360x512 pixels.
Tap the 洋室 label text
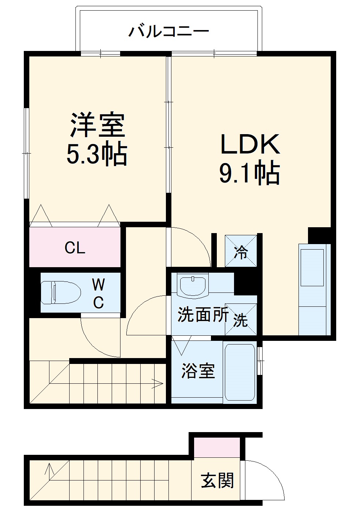point(97,125)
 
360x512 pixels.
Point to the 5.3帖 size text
point(97,154)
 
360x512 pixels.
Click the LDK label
point(250,145)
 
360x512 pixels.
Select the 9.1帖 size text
point(250,173)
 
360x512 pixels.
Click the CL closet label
point(75,248)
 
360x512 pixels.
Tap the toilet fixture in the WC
point(60,292)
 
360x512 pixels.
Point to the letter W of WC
point(98,284)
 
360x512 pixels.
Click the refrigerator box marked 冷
point(241,251)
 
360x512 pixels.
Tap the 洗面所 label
point(203,315)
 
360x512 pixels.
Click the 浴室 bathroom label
point(198,371)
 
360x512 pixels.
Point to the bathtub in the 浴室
point(240,372)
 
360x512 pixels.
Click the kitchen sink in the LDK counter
point(312,268)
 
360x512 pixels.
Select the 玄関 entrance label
point(217,480)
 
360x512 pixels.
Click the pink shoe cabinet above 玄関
point(217,447)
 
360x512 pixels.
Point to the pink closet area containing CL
point(75,248)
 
